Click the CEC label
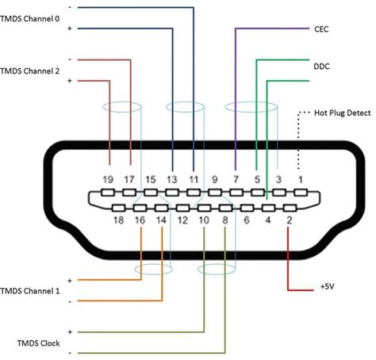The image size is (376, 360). (x=322, y=29)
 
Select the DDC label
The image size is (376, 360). (x=322, y=69)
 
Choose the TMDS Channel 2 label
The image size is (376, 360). (x=34, y=70)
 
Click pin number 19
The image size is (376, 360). (x=109, y=180)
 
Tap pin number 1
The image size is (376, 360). (x=299, y=180)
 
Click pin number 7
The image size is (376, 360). (x=236, y=180)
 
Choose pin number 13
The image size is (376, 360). (x=171, y=180)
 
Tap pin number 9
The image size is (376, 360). (x=214, y=180)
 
